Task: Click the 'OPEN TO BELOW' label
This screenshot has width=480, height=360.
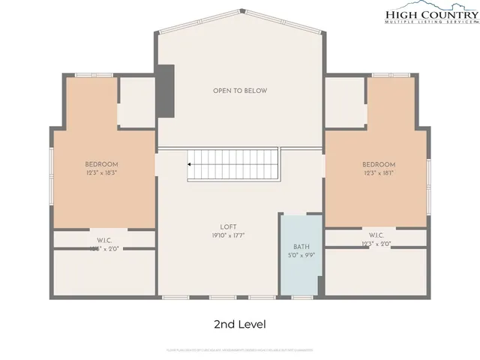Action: (239, 91)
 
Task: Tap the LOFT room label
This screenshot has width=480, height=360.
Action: (228, 226)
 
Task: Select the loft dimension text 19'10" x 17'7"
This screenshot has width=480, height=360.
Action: (228, 235)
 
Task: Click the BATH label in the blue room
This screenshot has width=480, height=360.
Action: (301, 246)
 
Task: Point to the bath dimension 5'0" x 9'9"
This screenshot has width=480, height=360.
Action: (301, 255)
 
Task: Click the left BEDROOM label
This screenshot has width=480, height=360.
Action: (101, 164)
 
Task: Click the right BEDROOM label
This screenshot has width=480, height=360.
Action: (379, 164)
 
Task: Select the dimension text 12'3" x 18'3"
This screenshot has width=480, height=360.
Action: (101, 173)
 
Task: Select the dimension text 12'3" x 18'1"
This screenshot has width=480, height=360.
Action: (379, 173)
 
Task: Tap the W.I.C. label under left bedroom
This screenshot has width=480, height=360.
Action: (103, 240)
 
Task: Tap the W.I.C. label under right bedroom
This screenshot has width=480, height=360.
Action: (376, 235)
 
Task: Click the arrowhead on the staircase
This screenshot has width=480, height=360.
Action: (190, 163)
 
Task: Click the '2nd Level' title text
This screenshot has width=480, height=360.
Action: (240, 324)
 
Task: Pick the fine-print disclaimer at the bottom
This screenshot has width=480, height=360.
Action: (240, 349)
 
